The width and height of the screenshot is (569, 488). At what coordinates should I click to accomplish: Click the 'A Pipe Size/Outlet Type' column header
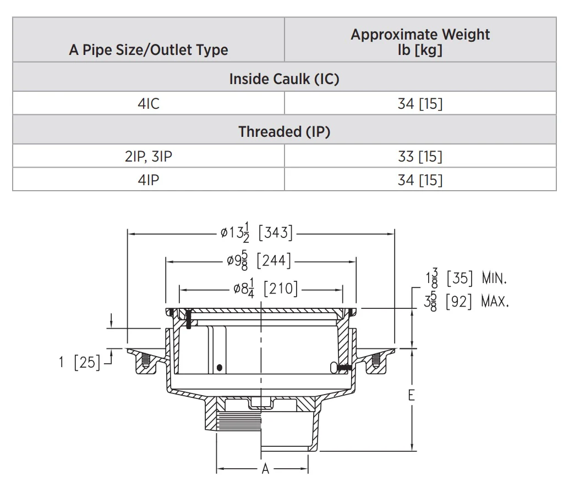tap(149, 49)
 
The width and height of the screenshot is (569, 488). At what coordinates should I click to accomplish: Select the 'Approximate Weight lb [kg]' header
tap(420, 42)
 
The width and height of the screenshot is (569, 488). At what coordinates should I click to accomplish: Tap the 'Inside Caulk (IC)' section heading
tap(284, 79)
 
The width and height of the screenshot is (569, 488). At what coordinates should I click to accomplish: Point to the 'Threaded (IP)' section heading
tap(284, 131)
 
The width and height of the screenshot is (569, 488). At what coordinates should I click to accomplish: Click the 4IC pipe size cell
tap(149, 104)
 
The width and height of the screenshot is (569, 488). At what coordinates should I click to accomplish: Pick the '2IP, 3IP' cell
tap(149, 157)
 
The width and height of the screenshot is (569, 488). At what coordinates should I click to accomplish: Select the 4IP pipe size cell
tap(149, 180)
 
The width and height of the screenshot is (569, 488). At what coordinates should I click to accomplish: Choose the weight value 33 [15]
tap(420, 157)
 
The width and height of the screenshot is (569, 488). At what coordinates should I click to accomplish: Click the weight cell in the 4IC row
tap(420, 104)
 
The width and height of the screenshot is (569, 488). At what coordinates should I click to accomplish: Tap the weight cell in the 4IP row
tap(420, 180)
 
